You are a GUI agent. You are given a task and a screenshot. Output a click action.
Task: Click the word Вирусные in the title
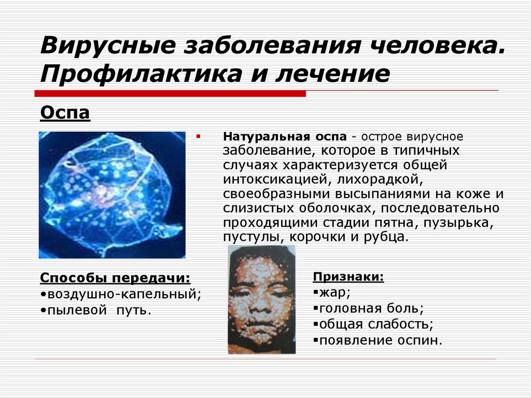[x=108, y=45]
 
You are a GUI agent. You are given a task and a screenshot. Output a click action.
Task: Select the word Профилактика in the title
[x=141, y=74]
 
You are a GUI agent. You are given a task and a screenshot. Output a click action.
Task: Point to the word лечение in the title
[x=333, y=74]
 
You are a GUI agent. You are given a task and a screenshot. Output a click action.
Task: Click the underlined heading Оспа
[x=65, y=113]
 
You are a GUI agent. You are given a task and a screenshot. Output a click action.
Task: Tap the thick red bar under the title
[x=170, y=93]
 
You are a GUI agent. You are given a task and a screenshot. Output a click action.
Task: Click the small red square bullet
[x=199, y=137]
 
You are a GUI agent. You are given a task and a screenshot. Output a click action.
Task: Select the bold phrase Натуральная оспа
[x=285, y=136]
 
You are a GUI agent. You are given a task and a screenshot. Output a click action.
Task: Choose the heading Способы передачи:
[x=115, y=278]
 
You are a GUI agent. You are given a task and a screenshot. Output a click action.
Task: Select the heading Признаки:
[x=348, y=277]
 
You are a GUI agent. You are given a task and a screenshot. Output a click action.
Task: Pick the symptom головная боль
[x=370, y=309]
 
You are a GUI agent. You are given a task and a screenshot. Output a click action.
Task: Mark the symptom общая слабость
[x=374, y=324]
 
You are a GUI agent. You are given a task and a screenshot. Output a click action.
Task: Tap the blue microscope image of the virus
[x=112, y=195]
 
